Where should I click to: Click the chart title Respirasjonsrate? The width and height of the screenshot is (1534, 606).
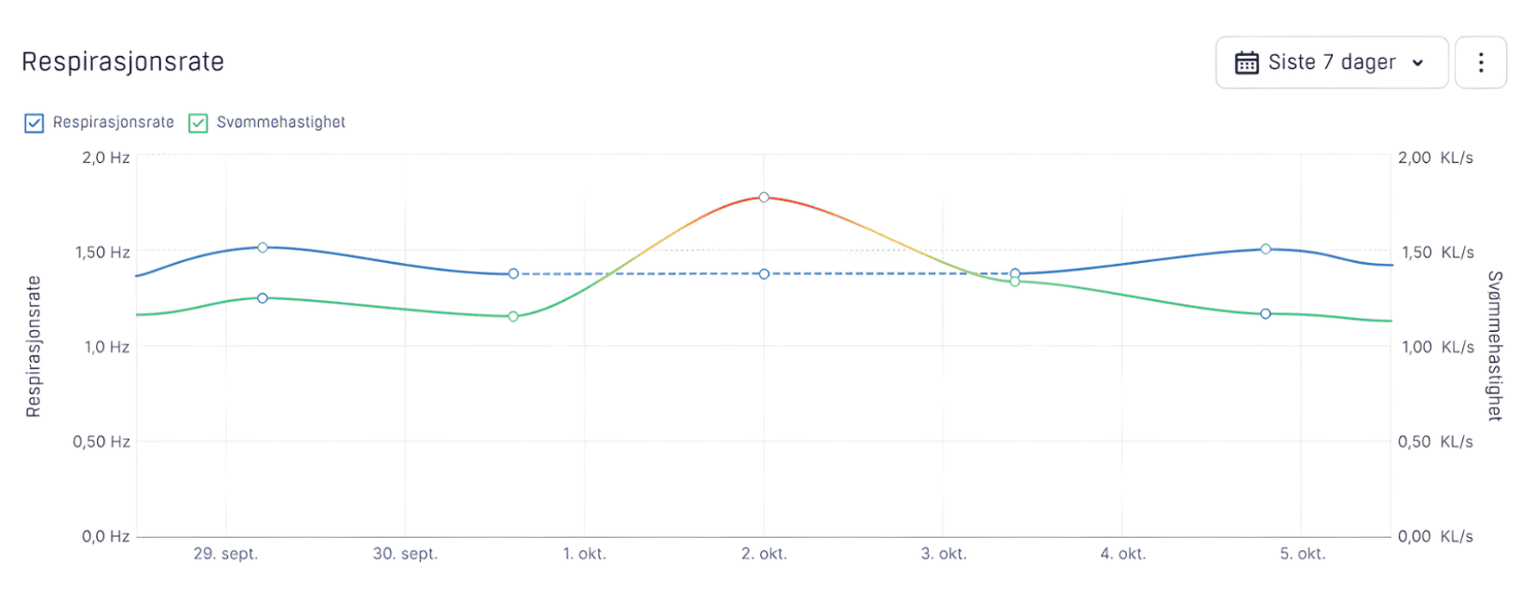coord(123,62)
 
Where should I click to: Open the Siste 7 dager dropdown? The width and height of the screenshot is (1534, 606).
coord(1331,62)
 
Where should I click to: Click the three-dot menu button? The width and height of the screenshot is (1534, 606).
coord(1480,62)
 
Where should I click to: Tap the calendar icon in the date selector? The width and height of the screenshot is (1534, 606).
coord(1246,62)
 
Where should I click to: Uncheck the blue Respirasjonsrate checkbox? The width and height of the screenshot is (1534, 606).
coord(34,123)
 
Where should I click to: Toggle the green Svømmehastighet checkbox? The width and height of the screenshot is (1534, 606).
coord(198,123)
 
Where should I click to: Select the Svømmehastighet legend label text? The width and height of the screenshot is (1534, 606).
coord(280,122)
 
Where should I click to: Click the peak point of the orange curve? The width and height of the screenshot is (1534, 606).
coord(764,198)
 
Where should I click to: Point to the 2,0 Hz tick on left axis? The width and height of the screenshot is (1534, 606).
coord(105,158)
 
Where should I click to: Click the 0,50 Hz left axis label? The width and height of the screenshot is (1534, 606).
coord(102,441)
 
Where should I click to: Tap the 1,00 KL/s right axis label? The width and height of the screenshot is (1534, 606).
coord(1435,347)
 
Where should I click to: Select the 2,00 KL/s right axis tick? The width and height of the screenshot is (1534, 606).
coord(1435,158)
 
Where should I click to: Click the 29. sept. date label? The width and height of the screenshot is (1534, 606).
coord(225,554)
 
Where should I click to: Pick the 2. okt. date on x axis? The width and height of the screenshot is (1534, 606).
coord(764,554)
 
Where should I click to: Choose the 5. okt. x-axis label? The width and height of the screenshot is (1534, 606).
coord(1302,554)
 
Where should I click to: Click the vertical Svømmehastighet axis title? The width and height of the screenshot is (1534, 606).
coord(1495,346)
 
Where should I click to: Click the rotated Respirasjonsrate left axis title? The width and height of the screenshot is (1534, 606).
coord(34,347)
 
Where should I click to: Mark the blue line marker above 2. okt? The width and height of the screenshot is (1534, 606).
coord(764,274)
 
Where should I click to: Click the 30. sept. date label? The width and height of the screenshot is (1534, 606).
coord(405,554)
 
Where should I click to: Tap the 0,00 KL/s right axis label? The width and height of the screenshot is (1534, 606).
coord(1435,536)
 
